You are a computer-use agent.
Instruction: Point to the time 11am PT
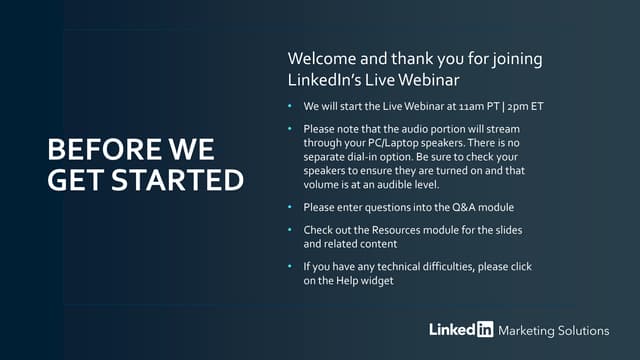tap(479, 106)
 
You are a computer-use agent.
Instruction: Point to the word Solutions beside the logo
tap(586, 330)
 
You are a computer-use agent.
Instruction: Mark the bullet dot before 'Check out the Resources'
tap(289, 231)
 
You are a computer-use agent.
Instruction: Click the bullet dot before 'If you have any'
tap(289, 267)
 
